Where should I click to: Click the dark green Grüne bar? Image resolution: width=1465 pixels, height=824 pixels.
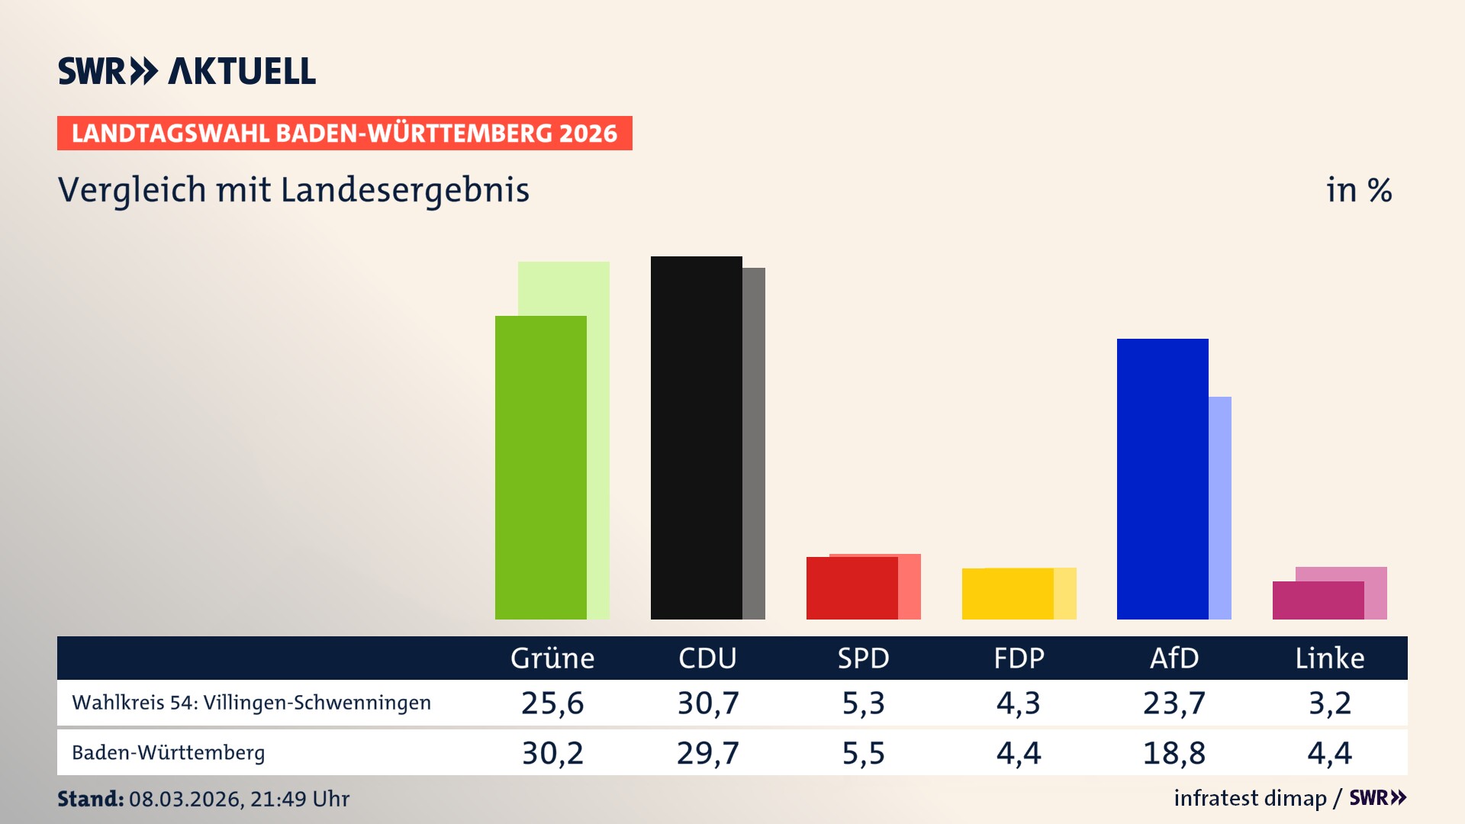click(540, 467)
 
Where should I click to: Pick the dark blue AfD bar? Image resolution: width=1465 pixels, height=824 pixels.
click(1162, 478)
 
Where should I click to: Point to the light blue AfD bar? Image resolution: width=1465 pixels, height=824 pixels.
click(1220, 507)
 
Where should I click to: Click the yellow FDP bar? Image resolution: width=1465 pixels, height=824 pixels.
click(1007, 594)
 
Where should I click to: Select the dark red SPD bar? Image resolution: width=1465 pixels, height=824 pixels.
click(852, 587)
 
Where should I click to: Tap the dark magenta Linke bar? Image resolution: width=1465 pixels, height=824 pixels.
click(1318, 600)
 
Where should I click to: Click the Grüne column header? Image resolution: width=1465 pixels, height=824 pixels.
click(552, 658)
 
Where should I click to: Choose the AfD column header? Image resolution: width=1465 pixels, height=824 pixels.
click(1174, 658)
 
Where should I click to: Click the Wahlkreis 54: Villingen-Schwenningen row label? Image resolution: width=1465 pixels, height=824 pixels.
click(251, 703)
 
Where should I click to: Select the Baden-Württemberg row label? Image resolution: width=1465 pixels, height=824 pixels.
click(168, 753)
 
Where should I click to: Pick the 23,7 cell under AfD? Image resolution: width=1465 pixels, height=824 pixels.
click(1174, 703)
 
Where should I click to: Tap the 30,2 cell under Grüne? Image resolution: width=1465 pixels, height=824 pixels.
click(552, 753)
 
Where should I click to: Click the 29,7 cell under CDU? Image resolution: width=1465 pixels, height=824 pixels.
click(708, 753)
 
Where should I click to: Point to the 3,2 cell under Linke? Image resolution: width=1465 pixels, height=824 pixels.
click(1330, 703)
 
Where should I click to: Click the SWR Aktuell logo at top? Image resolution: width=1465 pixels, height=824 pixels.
click(186, 71)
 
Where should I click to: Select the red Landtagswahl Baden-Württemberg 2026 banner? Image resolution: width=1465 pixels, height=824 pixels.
click(344, 133)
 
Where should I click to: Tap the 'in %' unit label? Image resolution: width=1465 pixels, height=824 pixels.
click(1359, 190)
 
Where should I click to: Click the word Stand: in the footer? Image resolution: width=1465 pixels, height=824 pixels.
click(90, 799)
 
